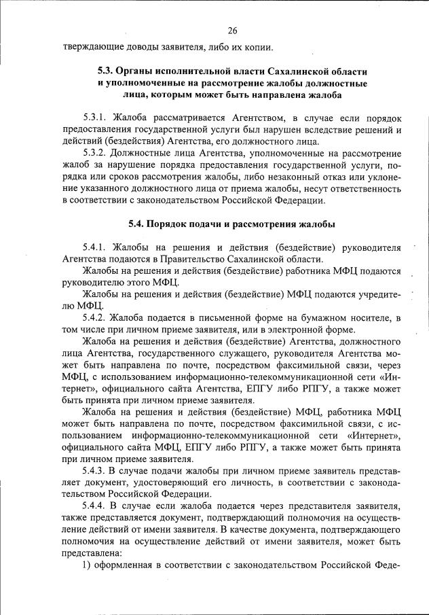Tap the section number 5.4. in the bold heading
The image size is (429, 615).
tap(139, 224)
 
